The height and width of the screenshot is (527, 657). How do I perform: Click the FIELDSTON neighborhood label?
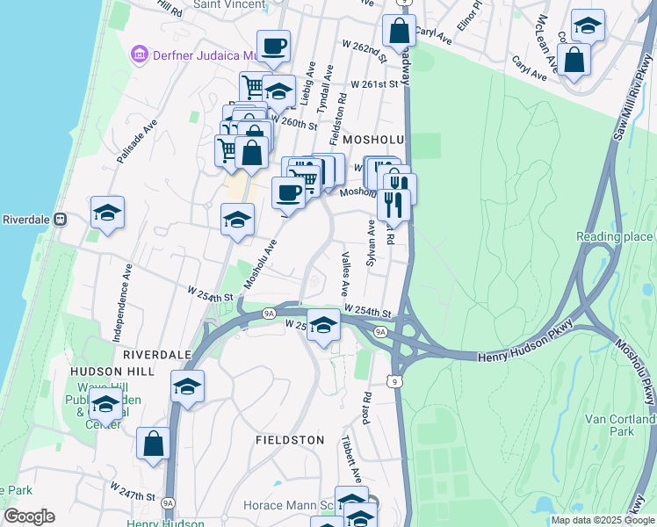pyautogui.click(x=290, y=439)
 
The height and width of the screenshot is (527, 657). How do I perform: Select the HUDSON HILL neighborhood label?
pyautogui.click(x=114, y=372)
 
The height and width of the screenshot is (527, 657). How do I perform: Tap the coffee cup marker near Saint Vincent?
pyautogui.click(x=273, y=46)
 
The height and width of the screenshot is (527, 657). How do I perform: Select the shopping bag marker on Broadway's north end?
pyautogui.click(x=399, y=32)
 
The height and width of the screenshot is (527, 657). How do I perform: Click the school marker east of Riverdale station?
pyautogui.click(x=107, y=213)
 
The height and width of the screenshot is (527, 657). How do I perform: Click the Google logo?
pyautogui.click(x=29, y=516)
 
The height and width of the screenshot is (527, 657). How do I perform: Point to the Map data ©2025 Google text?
pyautogui.click(x=602, y=520)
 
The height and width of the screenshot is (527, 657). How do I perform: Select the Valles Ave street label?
pyautogui.click(x=345, y=273)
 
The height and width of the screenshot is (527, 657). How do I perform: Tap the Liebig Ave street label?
pyautogui.click(x=307, y=83)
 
